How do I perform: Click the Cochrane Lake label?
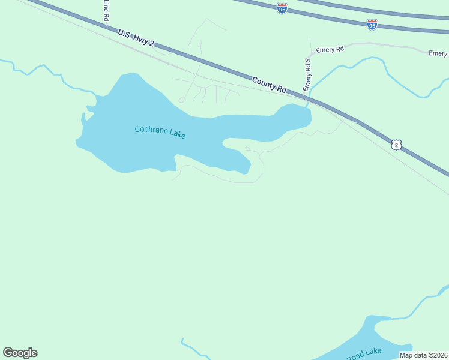coord(160,132)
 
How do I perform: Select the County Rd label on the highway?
coord(269,84)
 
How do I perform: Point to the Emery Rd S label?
coord(308,73)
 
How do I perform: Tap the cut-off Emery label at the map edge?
coord(438,53)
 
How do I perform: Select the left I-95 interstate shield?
coord(282,8)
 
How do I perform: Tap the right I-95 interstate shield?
coord(372,25)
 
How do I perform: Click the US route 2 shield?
coord(396,145)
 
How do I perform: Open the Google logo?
coord(20,353)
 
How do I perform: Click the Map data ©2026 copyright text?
coord(424,355)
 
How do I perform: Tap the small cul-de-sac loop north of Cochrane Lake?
coord(181,100)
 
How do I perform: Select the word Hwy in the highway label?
coord(142,39)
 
